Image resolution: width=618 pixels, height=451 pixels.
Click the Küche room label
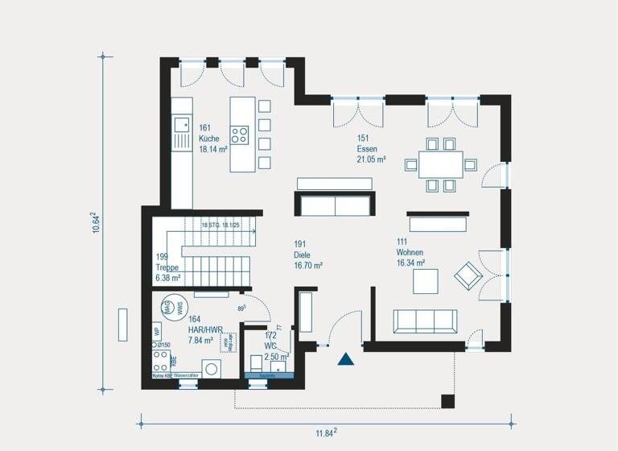210,138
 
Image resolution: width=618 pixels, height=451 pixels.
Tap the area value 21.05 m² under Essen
372,159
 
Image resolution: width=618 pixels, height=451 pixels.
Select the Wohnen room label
410,252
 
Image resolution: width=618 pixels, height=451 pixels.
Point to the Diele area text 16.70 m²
308,264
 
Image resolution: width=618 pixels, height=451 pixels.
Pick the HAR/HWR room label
204,330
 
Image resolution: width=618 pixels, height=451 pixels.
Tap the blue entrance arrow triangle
346,360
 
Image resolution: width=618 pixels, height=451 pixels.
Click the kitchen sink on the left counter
182,124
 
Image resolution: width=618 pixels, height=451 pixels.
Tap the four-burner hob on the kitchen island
241,134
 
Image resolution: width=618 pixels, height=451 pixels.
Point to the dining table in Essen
439,165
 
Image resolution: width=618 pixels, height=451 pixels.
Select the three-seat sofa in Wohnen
425,321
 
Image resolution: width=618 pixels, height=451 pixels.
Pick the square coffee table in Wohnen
426,281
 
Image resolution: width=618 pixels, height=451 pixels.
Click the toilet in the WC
257,363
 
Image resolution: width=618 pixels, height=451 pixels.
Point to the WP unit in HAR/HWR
157,330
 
